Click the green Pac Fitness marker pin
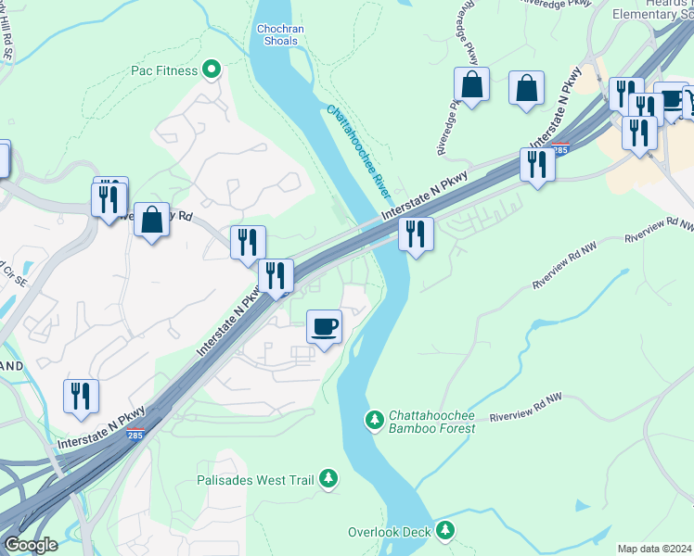pyautogui.click(x=212, y=69)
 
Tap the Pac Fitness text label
pyautogui.click(x=164, y=70)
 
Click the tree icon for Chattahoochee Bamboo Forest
pyautogui.click(x=375, y=421)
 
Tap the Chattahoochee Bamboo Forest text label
pyautogui.click(x=431, y=422)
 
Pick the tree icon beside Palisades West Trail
pyautogui.click(x=328, y=479)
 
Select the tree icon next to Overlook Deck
pyautogui.click(x=446, y=531)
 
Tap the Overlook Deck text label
pyautogui.click(x=390, y=532)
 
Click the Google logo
pyautogui.click(x=31, y=545)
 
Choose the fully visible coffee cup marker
pyautogui.click(x=324, y=326)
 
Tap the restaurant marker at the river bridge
pyautogui.click(x=416, y=234)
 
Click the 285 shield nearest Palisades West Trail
pyautogui.click(x=136, y=435)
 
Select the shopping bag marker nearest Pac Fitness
pyautogui.click(x=151, y=221)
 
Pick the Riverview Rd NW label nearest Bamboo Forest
pyautogui.click(x=526, y=408)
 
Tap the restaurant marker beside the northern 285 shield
pyautogui.click(x=537, y=164)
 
